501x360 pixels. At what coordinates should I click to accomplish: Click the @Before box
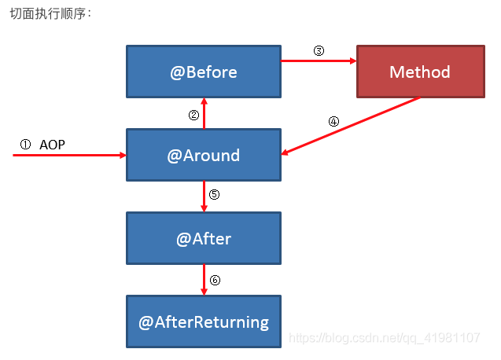click(x=204, y=72)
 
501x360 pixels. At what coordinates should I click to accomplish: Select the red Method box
click(x=421, y=72)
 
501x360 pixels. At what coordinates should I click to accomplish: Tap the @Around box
click(x=204, y=155)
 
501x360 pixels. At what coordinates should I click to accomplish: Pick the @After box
click(x=204, y=238)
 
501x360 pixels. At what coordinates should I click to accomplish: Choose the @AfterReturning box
click(x=204, y=321)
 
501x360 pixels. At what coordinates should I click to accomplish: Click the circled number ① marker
click(x=25, y=145)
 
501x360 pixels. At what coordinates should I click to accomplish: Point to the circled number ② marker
click(x=193, y=115)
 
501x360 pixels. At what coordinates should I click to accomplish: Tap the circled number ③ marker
click(x=319, y=50)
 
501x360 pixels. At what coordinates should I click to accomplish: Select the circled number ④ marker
click(x=333, y=121)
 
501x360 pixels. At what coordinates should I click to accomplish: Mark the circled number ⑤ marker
click(x=214, y=194)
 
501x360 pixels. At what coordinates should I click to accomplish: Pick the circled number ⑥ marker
click(x=215, y=280)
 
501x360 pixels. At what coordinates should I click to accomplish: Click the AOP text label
click(x=52, y=145)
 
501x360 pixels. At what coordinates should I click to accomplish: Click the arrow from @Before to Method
click(x=319, y=61)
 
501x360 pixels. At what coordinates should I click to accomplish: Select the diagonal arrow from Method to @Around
click(x=351, y=126)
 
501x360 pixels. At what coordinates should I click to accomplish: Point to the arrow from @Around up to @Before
click(x=204, y=113)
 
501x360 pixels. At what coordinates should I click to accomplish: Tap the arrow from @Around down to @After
click(x=204, y=197)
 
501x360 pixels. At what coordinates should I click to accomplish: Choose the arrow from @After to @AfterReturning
click(x=204, y=280)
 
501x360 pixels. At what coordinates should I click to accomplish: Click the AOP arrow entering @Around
click(x=70, y=156)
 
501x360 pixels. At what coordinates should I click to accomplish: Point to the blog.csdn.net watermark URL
click(x=384, y=338)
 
